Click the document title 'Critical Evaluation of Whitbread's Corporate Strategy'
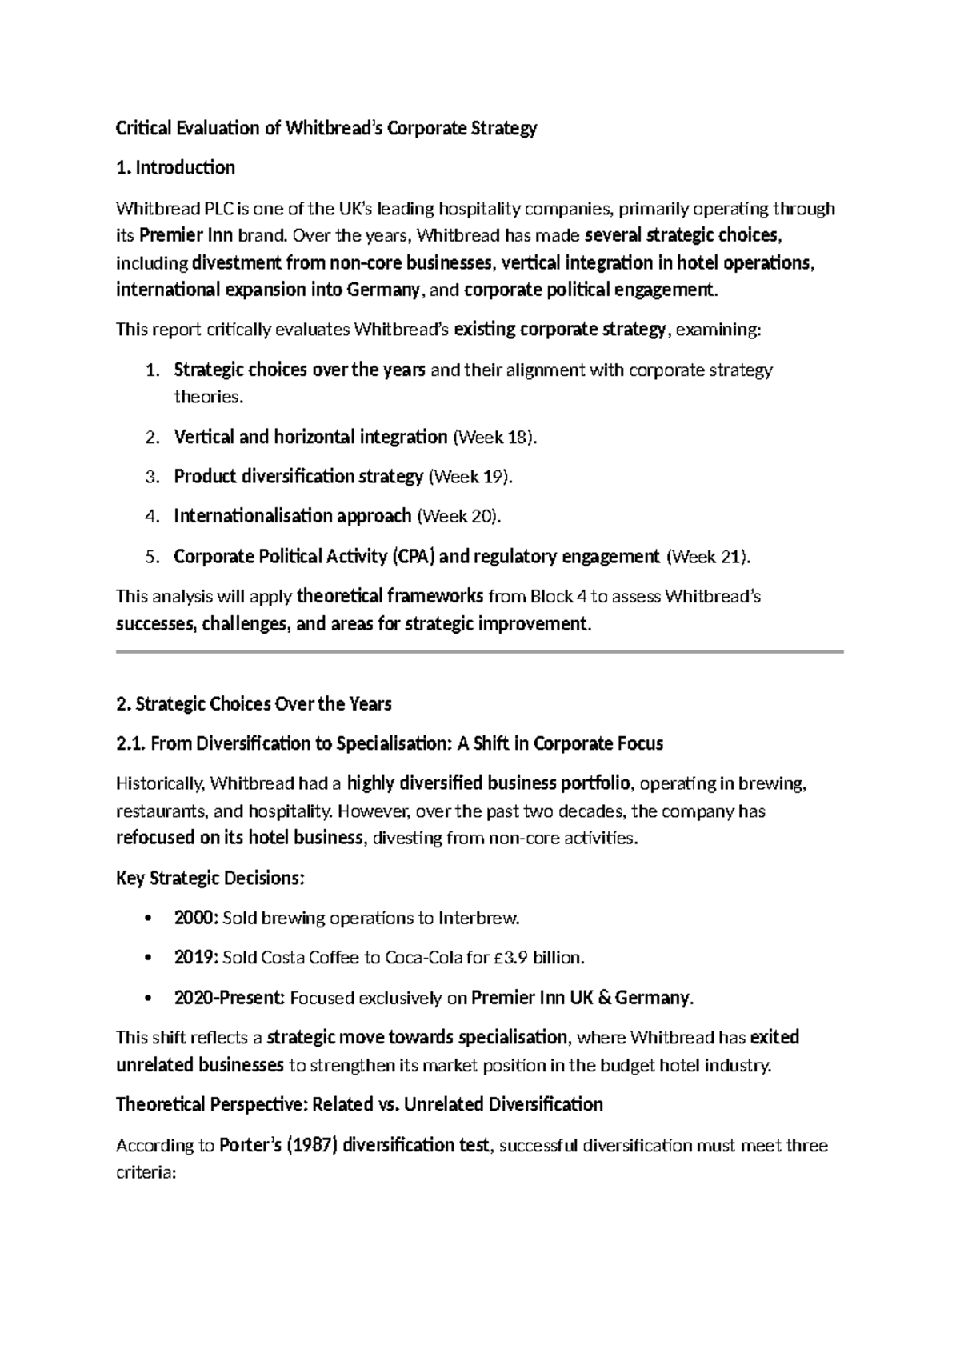[326, 128]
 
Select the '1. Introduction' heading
[175, 167]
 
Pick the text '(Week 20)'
[459, 516]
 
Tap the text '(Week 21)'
[708, 556]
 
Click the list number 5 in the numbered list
[151, 557]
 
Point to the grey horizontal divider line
[480, 652]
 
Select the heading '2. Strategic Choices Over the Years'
[254, 704]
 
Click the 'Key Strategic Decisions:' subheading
[210, 878]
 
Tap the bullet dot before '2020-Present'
[146, 999]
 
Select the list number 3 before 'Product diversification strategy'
[151, 477]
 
